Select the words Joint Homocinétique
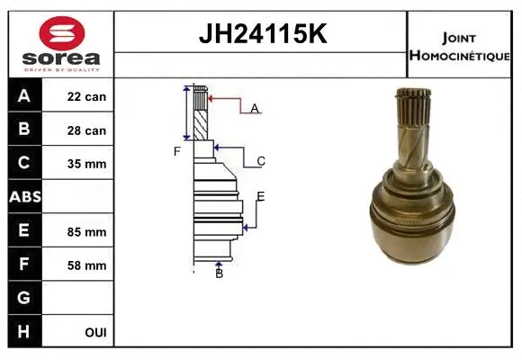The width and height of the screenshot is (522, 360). point(461,45)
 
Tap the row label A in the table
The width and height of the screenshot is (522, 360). point(23,96)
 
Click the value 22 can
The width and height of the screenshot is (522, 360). point(86,96)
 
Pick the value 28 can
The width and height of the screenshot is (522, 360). point(86,130)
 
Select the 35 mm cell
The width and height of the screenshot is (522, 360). point(86,164)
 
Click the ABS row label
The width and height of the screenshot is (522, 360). point(23,197)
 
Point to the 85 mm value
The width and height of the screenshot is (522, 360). point(86,231)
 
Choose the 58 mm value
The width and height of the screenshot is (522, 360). point(86,265)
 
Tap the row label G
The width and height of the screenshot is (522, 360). point(23,298)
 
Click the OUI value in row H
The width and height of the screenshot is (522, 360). point(94,332)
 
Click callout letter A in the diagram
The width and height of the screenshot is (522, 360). point(255,108)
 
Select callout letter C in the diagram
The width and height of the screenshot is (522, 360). point(261,161)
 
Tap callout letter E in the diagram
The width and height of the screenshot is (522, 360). point(260,196)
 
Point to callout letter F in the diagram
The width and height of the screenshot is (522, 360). point(177,151)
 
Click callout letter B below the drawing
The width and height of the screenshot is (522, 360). point(219,274)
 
